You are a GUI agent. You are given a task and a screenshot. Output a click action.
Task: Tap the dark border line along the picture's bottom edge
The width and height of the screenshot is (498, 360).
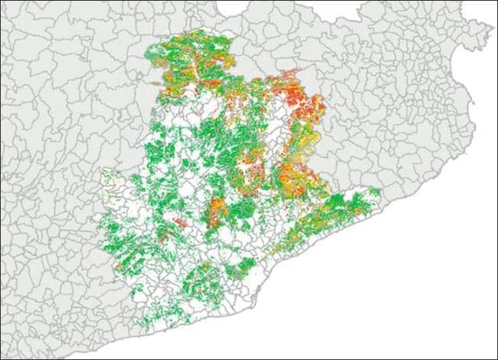click(249, 357)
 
